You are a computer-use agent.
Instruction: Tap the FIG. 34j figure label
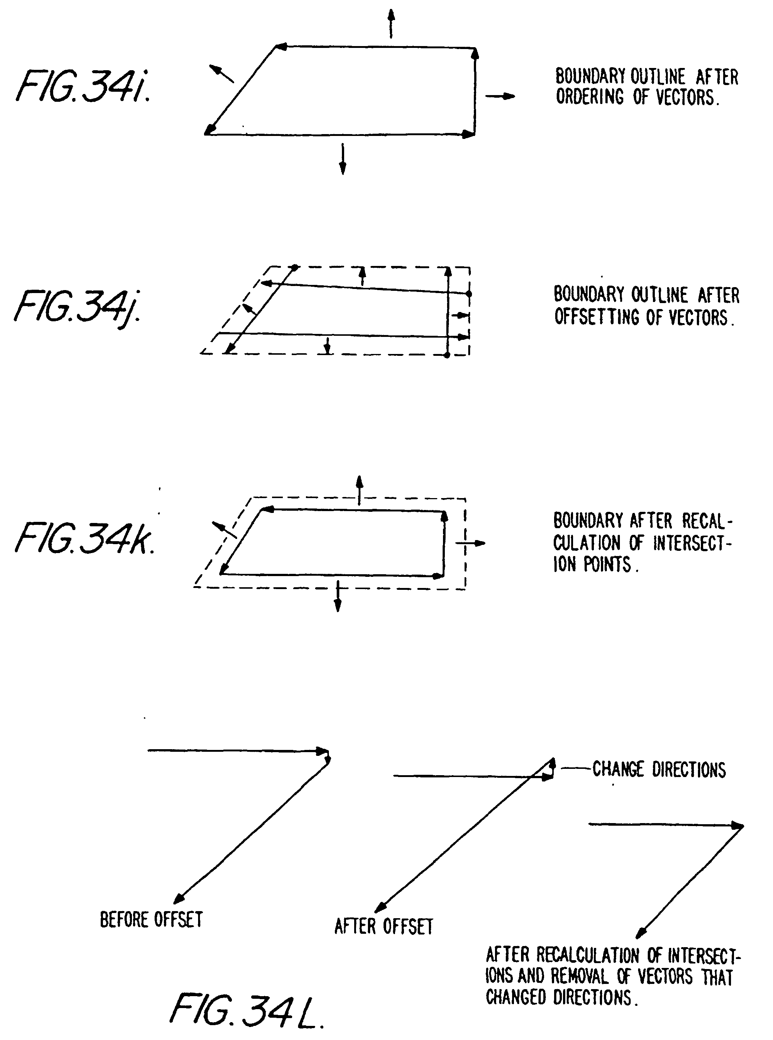click(78, 307)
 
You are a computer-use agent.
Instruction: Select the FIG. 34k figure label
click(84, 538)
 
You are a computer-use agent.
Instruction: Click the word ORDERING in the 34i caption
click(589, 97)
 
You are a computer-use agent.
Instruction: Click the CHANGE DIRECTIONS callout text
click(659, 769)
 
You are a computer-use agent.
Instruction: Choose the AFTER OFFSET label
click(384, 926)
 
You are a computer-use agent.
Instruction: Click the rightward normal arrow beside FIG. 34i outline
click(500, 96)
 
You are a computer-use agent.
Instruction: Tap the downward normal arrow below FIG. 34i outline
click(343, 159)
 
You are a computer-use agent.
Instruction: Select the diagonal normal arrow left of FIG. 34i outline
click(221, 74)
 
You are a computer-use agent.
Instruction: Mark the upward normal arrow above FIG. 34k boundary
click(359, 490)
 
